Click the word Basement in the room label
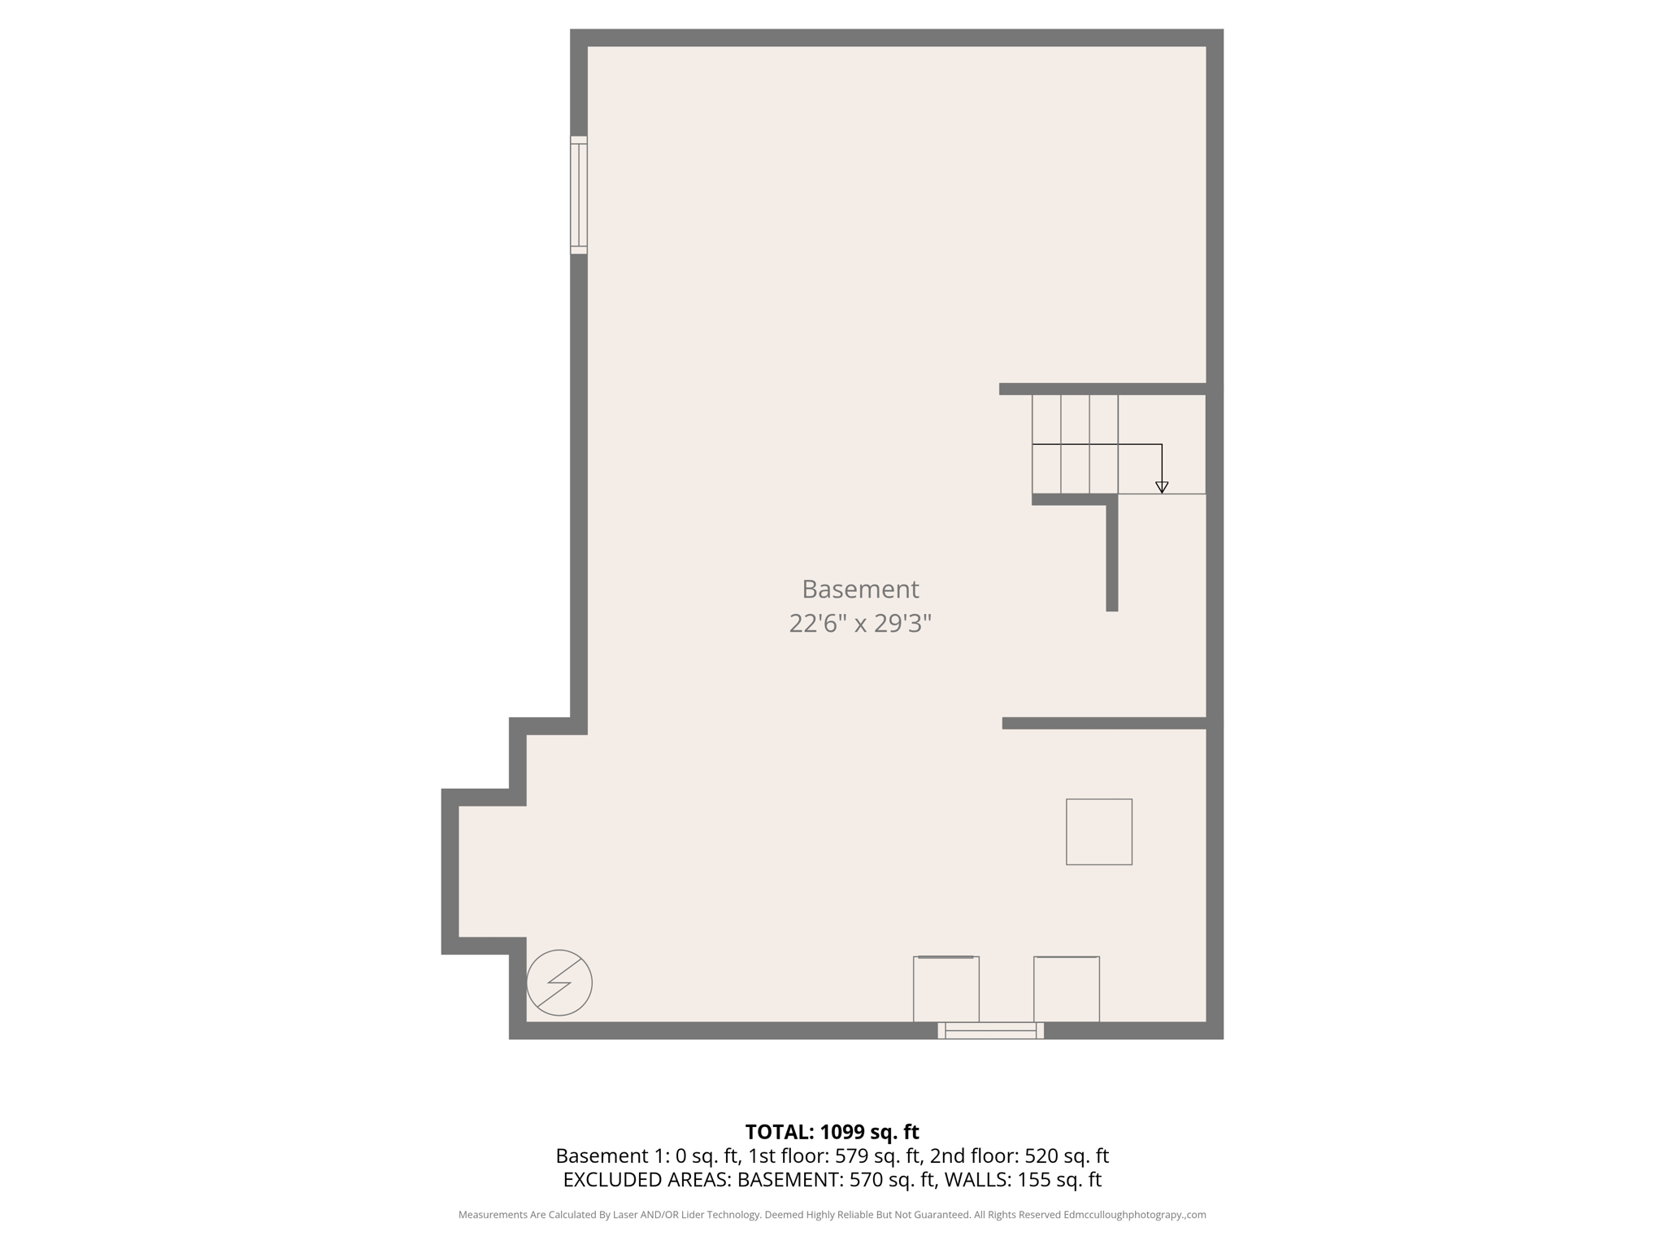(860, 589)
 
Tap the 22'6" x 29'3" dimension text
(860, 624)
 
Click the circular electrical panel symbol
(559, 982)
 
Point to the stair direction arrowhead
(1162, 487)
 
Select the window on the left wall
(578, 195)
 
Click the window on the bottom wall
(990, 1030)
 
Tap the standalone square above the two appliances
(1099, 832)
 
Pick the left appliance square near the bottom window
(946, 989)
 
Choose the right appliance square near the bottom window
(1067, 989)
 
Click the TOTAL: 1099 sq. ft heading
(832, 1132)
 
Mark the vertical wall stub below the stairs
(1112, 557)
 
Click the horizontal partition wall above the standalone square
(1103, 723)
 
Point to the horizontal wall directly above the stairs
(1102, 389)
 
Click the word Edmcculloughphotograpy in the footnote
(1122, 1215)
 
